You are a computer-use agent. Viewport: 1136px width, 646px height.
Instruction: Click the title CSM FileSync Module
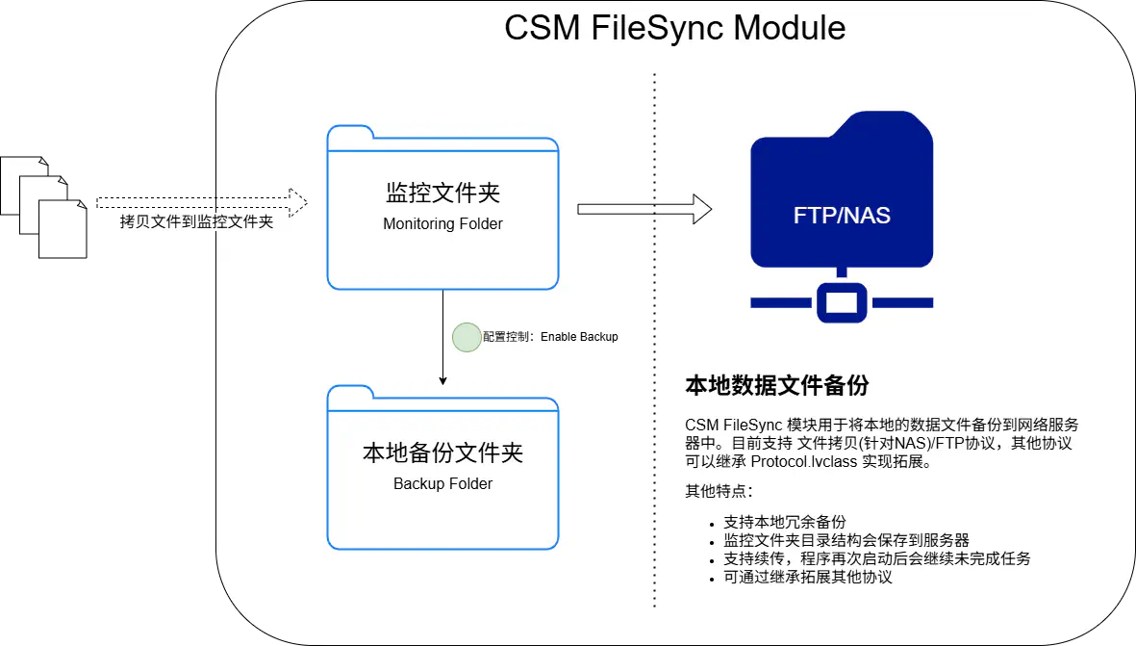point(674,28)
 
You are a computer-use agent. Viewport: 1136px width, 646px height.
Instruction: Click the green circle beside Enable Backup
point(467,337)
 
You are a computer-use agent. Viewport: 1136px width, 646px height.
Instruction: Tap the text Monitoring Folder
point(442,224)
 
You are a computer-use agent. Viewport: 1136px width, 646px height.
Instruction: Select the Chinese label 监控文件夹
point(442,194)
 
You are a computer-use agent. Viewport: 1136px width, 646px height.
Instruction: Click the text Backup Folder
point(442,484)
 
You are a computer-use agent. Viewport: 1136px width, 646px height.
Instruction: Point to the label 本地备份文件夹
point(442,452)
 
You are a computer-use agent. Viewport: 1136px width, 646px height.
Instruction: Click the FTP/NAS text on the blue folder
point(842,215)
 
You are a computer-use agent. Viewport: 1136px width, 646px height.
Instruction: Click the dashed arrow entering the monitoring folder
point(260,202)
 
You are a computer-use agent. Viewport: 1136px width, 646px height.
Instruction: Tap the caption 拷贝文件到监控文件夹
point(195,222)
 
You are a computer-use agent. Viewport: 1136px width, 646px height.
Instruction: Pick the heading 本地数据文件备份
point(776,386)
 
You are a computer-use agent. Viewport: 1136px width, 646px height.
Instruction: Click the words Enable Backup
point(579,337)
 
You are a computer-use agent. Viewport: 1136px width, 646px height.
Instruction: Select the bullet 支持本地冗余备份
point(784,522)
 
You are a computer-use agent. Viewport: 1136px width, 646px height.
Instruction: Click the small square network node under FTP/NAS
point(842,301)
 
